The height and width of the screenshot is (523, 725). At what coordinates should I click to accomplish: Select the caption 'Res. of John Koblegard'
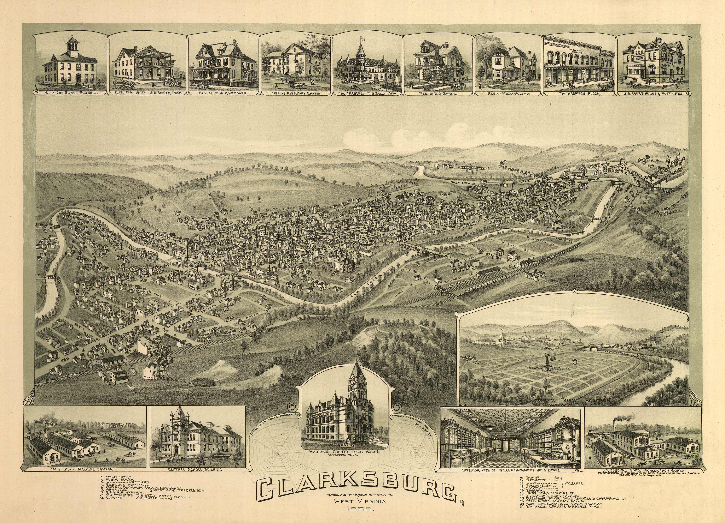(223, 94)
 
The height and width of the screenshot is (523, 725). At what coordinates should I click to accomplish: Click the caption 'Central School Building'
(195, 470)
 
